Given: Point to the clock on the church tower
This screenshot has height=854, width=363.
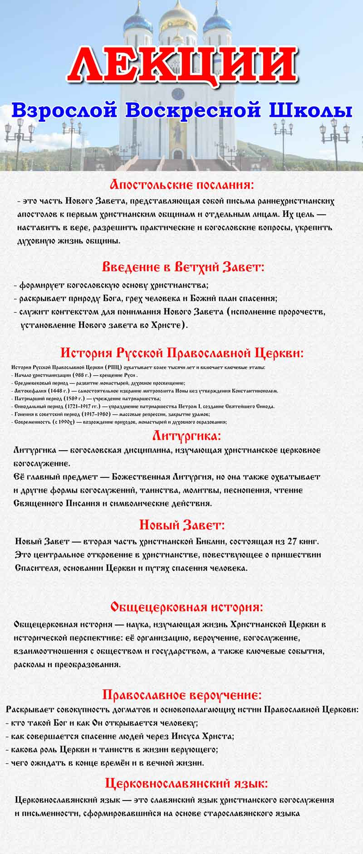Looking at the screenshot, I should pyautogui.click(x=177, y=94).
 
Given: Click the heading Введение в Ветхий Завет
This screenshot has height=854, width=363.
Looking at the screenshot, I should pyautogui.click(x=183, y=267).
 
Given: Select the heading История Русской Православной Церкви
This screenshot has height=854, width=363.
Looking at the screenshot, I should pyautogui.click(x=182, y=353).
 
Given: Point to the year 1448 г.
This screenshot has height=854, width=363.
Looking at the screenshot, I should pyautogui.click(x=57, y=391).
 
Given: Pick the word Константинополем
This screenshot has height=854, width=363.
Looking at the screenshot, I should pyautogui.click(x=255, y=391).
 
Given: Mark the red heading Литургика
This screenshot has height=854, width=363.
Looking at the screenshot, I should pyautogui.click(x=186, y=436).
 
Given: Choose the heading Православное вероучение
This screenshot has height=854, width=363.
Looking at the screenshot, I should pyautogui.click(x=182, y=695).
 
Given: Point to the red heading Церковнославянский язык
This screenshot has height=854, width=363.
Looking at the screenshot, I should pyautogui.click(x=186, y=783).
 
